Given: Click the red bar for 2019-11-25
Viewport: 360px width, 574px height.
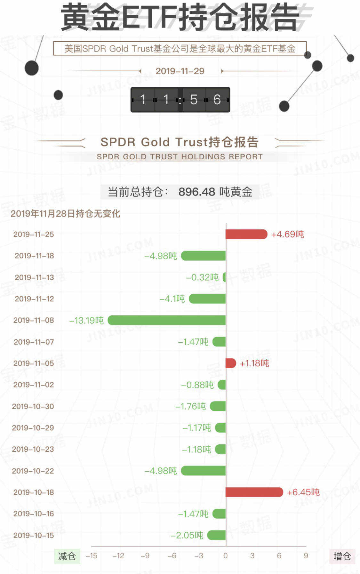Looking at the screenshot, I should pyautogui.click(x=246, y=234).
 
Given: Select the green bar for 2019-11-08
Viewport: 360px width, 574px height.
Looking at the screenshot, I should pyautogui.click(x=167, y=320).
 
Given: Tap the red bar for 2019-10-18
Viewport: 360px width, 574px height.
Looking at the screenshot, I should pyautogui.click(x=254, y=492).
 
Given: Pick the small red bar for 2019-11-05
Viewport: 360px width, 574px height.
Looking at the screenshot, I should pyautogui.click(x=231, y=363).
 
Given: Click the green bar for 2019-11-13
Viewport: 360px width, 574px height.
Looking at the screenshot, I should pyautogui.click(x=224, y=277).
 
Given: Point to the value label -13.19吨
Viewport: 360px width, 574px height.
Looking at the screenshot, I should pyautogui.click(x=86, y=320).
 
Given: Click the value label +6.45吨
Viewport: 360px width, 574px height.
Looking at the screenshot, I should pyautogui.click(x=303, y=492).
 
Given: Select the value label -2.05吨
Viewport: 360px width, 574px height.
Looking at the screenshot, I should pyautogui.click(x=187, y=535).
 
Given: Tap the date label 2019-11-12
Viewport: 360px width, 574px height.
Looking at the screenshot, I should pyautogui.click(x=34, y=299).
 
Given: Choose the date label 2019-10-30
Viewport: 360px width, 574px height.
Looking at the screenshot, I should pyautogui.click(x=33, y=406).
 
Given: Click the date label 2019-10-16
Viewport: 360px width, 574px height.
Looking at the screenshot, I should pyautogui.click(x=34, y=514).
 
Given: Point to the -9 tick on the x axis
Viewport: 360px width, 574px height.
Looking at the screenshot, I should pyautogui.click(x=145, y=556).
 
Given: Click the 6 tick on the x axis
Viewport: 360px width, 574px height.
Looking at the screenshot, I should pyautogui.click(x=279, y=556).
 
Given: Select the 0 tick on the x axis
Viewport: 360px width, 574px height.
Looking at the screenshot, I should pyautogui.click(x=226, y=556).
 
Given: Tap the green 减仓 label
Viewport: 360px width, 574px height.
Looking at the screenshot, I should pyautogui.click(x=67, y=556).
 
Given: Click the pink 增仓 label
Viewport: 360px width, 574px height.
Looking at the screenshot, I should pyautogui.click(x=342, y=556).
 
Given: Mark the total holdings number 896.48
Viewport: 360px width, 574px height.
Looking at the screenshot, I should pyautogui.click(x=196, y=192).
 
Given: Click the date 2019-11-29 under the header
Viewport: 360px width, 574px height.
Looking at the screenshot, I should pyautogui.click(x=180, y=71).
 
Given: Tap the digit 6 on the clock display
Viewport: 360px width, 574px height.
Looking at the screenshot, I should pyautogui.click(x=217, y=100).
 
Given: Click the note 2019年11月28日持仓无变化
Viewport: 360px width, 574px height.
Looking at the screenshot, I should pyautogui.click(x=65, y=213).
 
